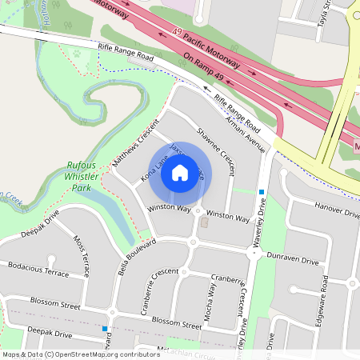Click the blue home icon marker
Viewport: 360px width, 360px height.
[180, 173]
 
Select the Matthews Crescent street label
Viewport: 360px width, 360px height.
[137, 150]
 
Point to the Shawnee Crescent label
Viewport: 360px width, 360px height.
[215, 150]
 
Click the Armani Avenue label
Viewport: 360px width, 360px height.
[244, 127]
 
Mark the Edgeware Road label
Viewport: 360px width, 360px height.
[324, 294]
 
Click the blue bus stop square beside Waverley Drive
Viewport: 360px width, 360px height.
[262, 191]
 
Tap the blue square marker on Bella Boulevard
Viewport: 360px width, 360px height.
[105, 328]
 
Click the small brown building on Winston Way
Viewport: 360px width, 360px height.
[203, 224]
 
